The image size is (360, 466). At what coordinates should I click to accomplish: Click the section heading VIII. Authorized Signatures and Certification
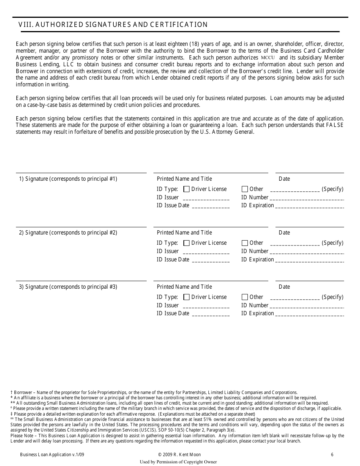click(113, 25)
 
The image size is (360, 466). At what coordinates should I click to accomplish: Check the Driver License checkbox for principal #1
click(186, 189)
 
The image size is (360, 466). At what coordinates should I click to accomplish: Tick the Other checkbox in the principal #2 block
click(245, 243)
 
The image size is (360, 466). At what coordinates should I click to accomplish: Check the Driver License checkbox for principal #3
click(186, 297)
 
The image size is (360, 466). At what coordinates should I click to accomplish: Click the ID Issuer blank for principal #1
click(206, 198)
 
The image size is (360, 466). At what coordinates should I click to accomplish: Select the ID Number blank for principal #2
click(307, 252)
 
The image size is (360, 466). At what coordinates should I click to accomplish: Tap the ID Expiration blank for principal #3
click(310, 314)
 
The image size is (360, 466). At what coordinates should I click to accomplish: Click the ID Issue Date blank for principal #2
click(211, 260)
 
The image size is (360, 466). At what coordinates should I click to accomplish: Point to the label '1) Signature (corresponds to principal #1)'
click(68, 179)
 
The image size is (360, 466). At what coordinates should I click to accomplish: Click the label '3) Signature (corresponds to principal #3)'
click(68, 287)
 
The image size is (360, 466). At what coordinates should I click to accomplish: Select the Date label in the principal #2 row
click(284, 233)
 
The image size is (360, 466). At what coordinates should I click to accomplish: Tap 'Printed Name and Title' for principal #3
click(185, 287)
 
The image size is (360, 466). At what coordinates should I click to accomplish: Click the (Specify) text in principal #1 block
click(332, 189)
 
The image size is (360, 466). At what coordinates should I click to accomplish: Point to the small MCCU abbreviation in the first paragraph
click(268, 58)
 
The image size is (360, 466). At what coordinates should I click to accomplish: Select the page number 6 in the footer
click(332, 455)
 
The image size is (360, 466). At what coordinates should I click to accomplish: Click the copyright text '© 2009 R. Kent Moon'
click(180, 455)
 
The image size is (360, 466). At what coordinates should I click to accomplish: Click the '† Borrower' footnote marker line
click(154, 393)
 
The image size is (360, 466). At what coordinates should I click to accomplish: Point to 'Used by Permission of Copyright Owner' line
click(178, 462)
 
